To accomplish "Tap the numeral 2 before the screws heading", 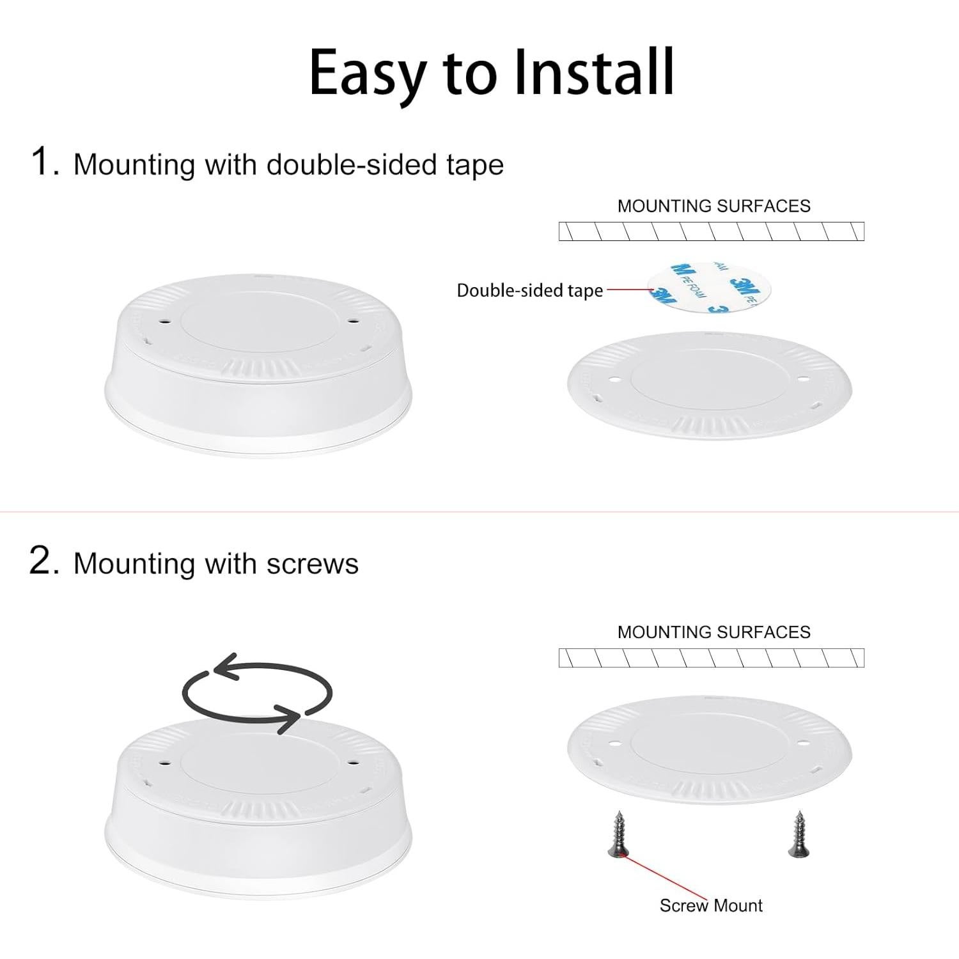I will (43, 561).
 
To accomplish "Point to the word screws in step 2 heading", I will (312, 564).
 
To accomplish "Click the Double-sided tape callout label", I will (529, 290).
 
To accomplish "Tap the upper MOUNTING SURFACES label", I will (713, 206).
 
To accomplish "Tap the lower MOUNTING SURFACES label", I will (713, 632).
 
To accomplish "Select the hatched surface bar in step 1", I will (711, 231).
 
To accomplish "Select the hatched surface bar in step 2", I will (711, 658).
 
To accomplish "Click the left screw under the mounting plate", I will (618, 834).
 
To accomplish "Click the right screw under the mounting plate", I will (798, 834).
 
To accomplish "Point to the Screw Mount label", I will (711, 905).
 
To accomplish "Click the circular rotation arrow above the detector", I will (258, 693).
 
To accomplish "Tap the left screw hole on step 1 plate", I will (616, 380).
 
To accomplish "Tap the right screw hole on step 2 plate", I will (803, 744).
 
